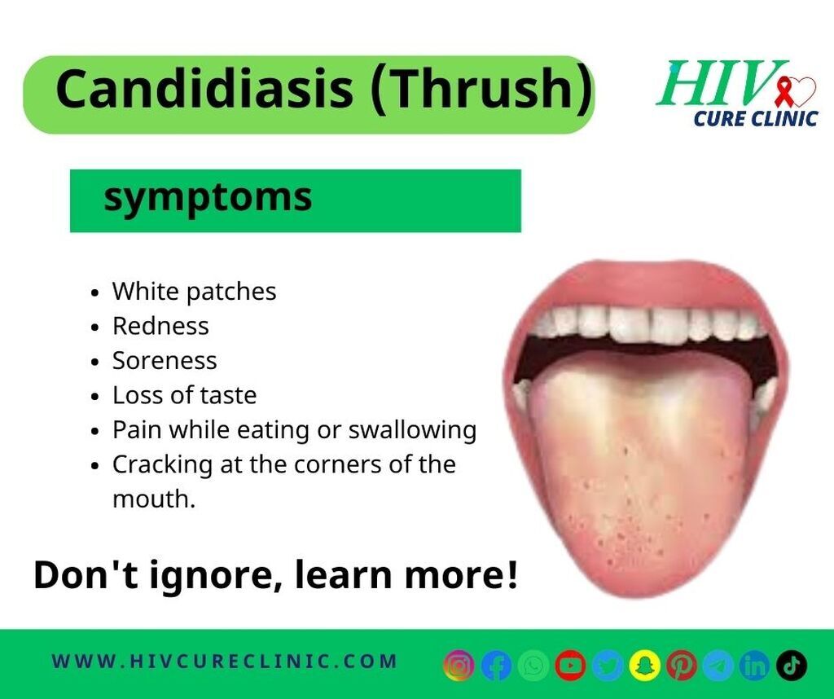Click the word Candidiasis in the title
pyautogui.click(x=204, y=88)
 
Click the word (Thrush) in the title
pyautogui.click(x=481, y=89)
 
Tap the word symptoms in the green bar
pyautogui.click(x=208, y=199)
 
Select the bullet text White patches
pyautogui.click(x=194, y=292)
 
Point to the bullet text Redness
pyautogui.click(x=160, y=326)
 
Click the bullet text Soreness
pyautogui.click(x=165, y=361)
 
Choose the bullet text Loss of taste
pyautogui.click(x=185, y=395)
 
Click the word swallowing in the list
pyautogui.click(x=412, y=430)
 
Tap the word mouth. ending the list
pyautogui.click(x=154, y=499)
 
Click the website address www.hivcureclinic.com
pyautogui.click(x=225, y=662)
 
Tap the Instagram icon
pyautogui.click(x=459, y=666)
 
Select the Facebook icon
pyautogui.click(x=496, y=666)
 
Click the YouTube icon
pyautogui.click(x=570, y=666)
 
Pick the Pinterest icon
pyautogui.click(x=682, y=666)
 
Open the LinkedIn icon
pyautogui.click(x=755, y=666)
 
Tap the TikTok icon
pyautogui.click(x=792, y=666)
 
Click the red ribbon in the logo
pyautogui.click(x=783, y=91)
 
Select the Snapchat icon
pyautogui.click(x=645, y=666)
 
